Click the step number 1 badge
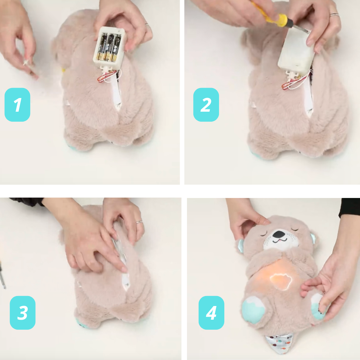pos(17,105)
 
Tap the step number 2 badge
pos(206,105)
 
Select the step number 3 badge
pos(23,313)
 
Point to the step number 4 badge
pos(211,313)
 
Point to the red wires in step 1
pos(106,77)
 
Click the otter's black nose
pos(279,234)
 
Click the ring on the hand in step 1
pos(147,25)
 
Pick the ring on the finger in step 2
pos(334,15)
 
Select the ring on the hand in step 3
pos(139,222)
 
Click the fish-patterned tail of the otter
pos(278,344)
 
